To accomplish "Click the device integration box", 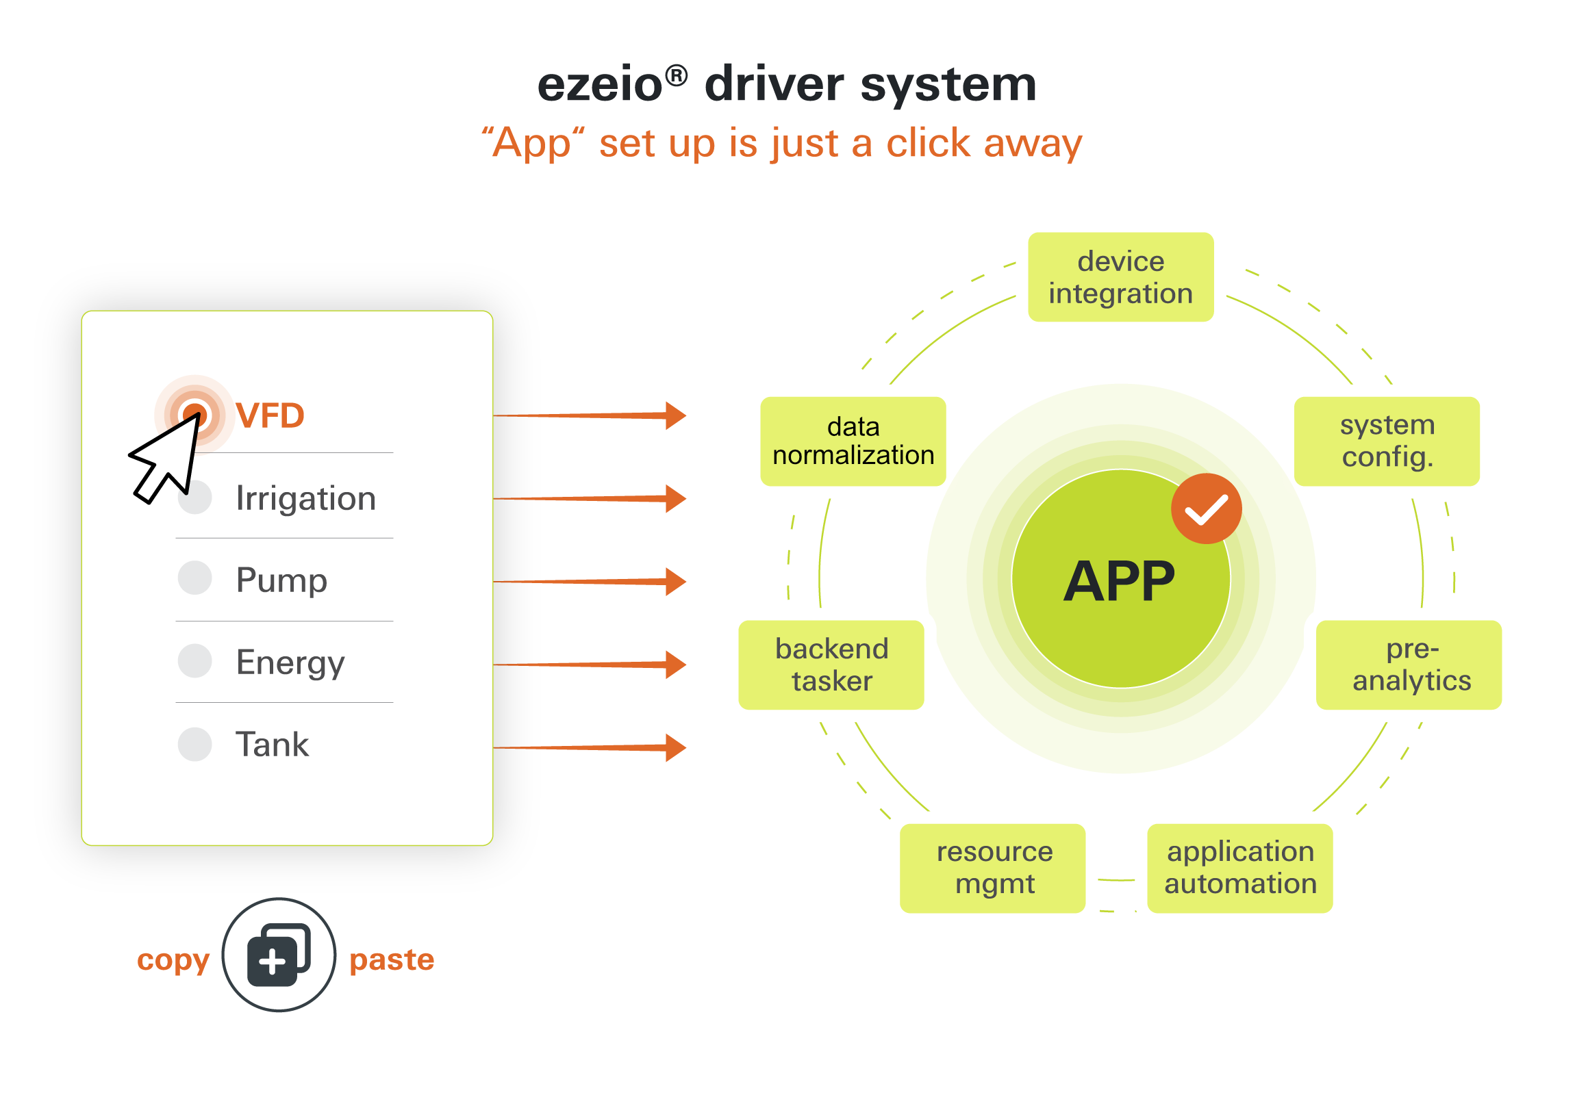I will (1120, 277).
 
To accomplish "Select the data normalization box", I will (853, 441).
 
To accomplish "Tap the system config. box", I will (1387, 441).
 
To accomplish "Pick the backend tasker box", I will (831, 665).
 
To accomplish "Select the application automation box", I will (1239, 868).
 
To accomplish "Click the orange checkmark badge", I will (1206, 508).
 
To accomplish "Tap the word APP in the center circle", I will (1119, 582).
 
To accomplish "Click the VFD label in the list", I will (270, 415).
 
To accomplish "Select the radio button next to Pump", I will (194, 578).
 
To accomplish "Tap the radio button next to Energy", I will (194, 660).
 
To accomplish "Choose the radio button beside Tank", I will (194, 744).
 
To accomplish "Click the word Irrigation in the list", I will (305, 498).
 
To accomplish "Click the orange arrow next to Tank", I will (590, 747).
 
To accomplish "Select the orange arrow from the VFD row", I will (590, 415).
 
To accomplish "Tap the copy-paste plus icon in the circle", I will (273, 961).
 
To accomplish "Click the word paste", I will (392, 960).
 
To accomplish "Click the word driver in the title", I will (774, 85).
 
